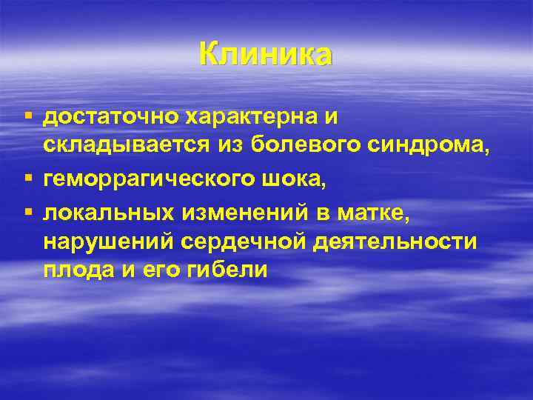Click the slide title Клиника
click(x=266, y=55)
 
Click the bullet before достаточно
click(x=29, y=117)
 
